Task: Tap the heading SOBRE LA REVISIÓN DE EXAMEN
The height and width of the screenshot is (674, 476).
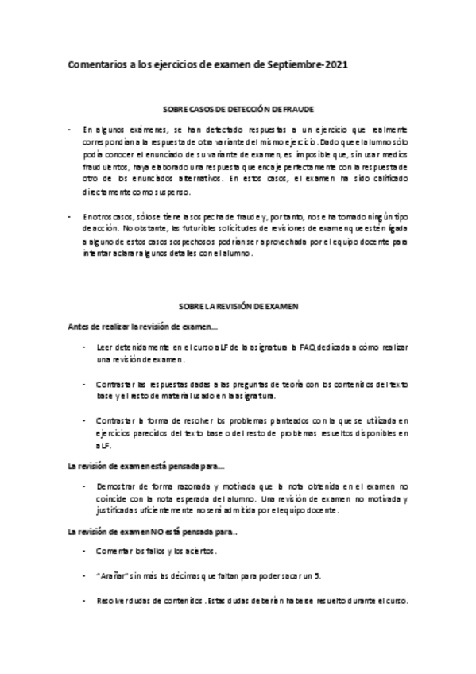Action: (x=237, y=305)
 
